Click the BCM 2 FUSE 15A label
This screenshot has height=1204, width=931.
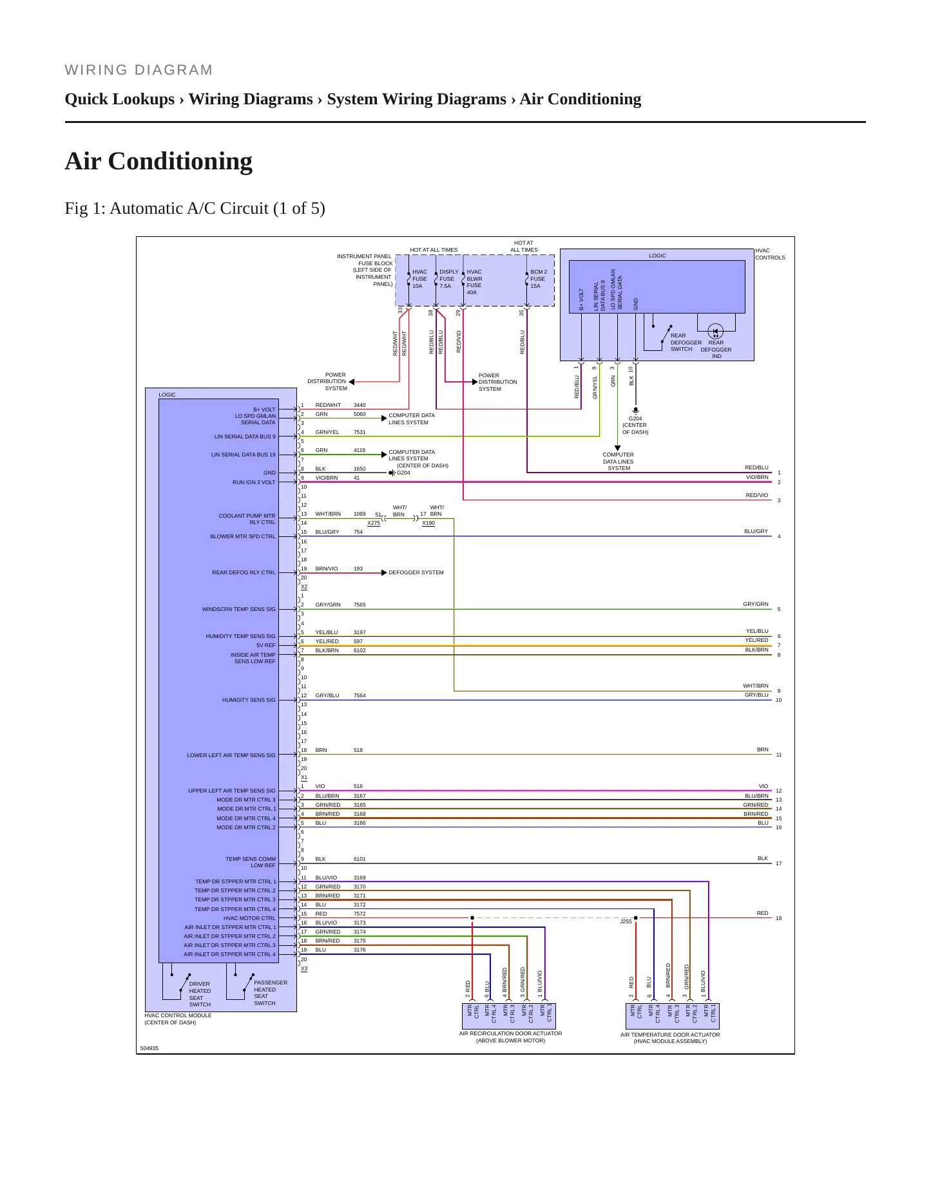pyautogui.click(x=539, y=279)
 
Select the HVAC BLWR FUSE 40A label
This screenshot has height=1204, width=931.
pyautogui.click(x=474, y=282)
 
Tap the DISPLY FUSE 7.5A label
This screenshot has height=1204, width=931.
pyautogui.click(x=449, y=279)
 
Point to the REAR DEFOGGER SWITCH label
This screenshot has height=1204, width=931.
pyautogui.click(x=686, y=343)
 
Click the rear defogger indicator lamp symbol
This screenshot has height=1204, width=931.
pyautogui.click(x=715, y=332)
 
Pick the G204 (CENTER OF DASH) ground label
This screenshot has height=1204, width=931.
pyautogui.click(x=635, y=425)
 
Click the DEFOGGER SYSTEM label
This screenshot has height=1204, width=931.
pyautogui.click(x=416, y=572)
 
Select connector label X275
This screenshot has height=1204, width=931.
pyautogui.click(x=374, y=523)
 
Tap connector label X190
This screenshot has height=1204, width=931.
pyautogui.click(x=428, y=523)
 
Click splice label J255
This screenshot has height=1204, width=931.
pyautogui.click(x=626, y=921)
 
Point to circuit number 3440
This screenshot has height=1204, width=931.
pyautogui.click(x=360, y=405)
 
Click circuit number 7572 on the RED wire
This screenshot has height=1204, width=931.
pyautogui.click(x=360, y=914)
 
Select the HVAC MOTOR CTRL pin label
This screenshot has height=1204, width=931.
pyautogui.click(x=249, y=918)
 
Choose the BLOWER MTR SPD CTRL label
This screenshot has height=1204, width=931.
pyautogui.click(x=243, y=536)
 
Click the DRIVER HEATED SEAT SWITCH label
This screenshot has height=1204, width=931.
pyautogui.click(x=200, y=994)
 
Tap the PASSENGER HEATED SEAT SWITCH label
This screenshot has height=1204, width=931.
pyautogui.click(x=271, y=993)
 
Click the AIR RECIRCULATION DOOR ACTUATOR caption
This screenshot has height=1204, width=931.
pyautogui.click(x=510, y=1037)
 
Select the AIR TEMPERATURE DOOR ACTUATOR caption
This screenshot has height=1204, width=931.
pyautogui.click(x=670, y=1038)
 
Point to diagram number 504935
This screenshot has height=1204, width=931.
pyautogui.click(x=149, y=1048)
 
